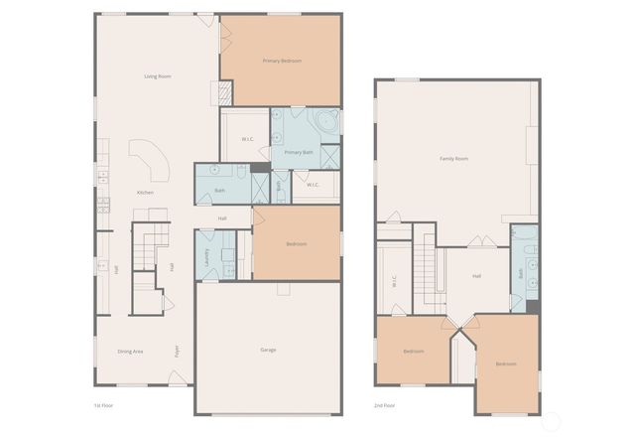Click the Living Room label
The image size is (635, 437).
coord(159,75)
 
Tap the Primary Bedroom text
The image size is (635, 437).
coord(282,61)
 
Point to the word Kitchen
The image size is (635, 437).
coord(145,192)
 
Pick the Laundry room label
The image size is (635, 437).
coord(205,257)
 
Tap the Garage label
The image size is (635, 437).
coord(268,350)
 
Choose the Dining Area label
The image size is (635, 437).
coord(130,351)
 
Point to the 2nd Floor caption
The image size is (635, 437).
coord(383,405)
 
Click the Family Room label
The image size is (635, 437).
coord(454,159)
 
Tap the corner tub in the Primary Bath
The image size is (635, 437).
coord(326,121)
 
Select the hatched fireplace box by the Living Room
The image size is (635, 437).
coord(226,92)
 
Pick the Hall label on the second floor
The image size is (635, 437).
coord(476,276)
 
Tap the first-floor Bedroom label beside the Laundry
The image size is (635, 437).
coord(297,243)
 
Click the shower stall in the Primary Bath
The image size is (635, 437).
coord(330,157)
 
